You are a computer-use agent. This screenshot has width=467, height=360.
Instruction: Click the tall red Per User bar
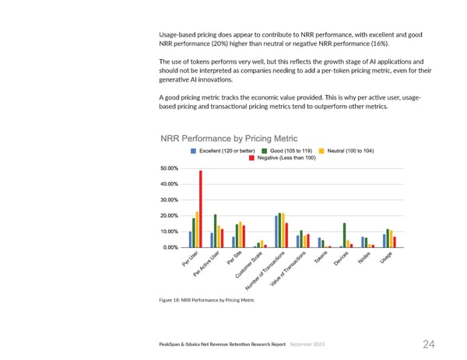(x=201, y=208)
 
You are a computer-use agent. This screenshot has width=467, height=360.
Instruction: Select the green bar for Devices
(x=344, y=235)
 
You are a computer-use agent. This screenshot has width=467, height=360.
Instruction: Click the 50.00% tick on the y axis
(x=169, y=168)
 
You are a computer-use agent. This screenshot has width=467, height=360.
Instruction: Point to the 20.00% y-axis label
(x=169, y=215)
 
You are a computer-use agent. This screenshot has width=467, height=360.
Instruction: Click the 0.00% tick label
(x=170, y=247)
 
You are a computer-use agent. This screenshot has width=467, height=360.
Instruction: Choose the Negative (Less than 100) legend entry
(x=281, y=158)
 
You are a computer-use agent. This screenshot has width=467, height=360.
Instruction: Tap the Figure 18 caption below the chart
(x=207, y=300)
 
